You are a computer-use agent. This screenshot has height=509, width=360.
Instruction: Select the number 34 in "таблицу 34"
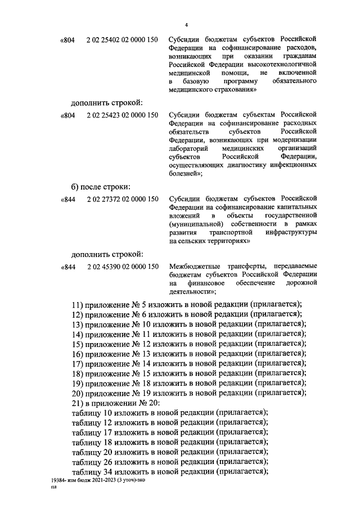[107, 472]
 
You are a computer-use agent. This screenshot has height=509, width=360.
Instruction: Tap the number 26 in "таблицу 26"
[107, 462]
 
